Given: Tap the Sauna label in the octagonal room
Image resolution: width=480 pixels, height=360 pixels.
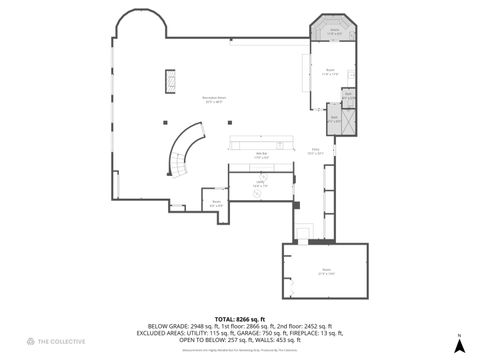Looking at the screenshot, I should pyautogui.click(x=336, y=32).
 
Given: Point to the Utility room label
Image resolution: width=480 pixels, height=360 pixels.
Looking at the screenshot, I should pyautogui.click(x=259, y=185).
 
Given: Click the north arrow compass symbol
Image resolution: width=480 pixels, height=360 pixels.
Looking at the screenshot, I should pyautogui.click(x=457, y=344).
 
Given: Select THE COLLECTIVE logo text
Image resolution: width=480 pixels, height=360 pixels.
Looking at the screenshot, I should pyautogui.click(x=61, y=342).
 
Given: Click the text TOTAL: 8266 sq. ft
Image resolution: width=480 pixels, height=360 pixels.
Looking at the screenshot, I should pyautogui.click(x=240, y=318).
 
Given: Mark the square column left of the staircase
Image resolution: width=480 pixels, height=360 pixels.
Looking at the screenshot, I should pyautogui.click(x=160, y=122).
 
